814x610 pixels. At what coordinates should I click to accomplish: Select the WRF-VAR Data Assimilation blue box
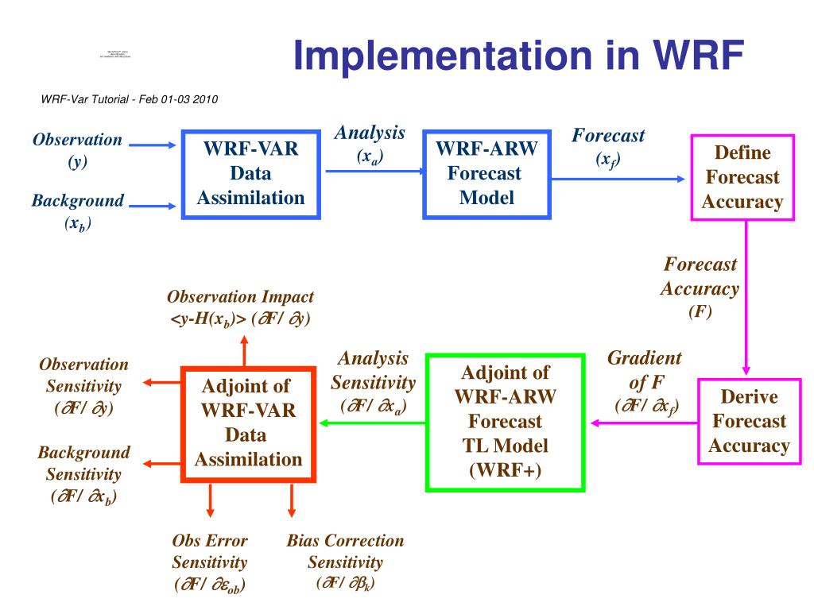(251, 173)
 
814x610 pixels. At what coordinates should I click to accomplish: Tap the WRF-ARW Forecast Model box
(486, 173)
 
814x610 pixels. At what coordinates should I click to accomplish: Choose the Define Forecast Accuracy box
(742, 177)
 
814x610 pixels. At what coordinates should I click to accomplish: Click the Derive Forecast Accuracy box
(748, 421)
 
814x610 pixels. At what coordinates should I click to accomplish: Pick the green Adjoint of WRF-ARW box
(505, 422)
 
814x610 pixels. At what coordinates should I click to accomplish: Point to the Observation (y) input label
(77, 150)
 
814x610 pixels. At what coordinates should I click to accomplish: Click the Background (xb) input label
(77, 211)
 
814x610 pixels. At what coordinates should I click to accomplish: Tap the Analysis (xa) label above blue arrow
(370, 145)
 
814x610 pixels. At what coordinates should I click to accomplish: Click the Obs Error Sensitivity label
(210, 562)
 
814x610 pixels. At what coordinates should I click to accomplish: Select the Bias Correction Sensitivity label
(345, 562)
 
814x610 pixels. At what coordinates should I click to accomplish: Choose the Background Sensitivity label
(83, 474)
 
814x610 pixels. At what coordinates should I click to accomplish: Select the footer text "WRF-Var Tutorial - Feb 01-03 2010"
(129, 99)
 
